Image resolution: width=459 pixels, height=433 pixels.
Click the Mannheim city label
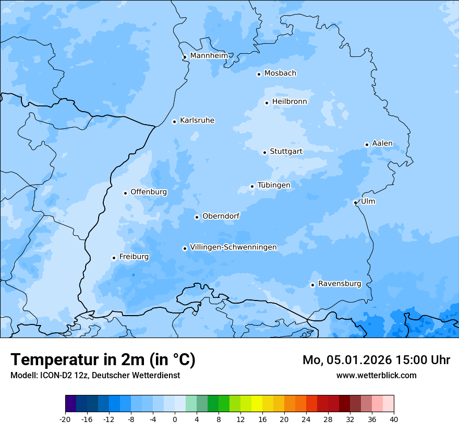pos(209,55)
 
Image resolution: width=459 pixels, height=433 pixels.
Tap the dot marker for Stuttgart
pos(264,152)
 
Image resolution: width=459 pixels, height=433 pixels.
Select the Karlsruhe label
pos(197,121)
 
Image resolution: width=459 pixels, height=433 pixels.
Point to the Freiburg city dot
pos(114,258)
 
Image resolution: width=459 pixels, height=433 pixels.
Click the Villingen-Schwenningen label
pos(233,247)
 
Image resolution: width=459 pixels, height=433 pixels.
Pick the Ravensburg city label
pos(340,284)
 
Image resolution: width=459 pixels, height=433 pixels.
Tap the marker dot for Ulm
pos(355,202)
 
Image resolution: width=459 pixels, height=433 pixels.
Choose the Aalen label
pos(382,143)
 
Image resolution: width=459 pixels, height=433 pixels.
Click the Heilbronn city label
pos(289,102)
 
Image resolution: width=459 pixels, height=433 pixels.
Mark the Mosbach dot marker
pos(259,74)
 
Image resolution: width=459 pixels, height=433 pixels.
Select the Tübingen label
pos(274,185)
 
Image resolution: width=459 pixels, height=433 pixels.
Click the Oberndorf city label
pos(221,216)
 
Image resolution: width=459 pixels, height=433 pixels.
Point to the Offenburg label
pos(149,192)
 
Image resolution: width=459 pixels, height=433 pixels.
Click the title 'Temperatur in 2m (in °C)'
pos(103,360)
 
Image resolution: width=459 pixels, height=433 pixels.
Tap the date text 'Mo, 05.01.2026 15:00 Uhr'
pos(376,360)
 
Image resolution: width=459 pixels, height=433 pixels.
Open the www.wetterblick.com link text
pos(376,375)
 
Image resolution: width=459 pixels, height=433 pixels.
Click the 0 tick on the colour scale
pos(175,419)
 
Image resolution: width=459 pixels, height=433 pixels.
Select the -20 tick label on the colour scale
pos(65,419)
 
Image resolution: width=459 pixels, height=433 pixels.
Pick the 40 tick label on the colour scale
pos(394,419)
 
